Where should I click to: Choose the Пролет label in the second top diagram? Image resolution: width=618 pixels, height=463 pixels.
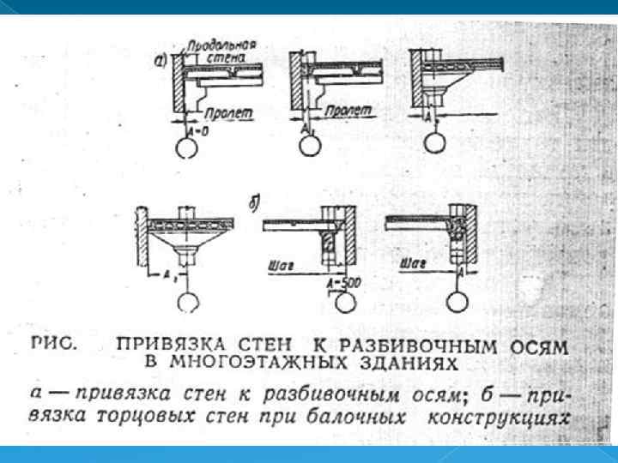tap(348, 111)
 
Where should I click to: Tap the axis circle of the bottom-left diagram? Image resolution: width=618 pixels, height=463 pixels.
tap(187, 303)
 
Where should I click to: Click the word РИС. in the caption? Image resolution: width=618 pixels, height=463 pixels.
tap(56, 343)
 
